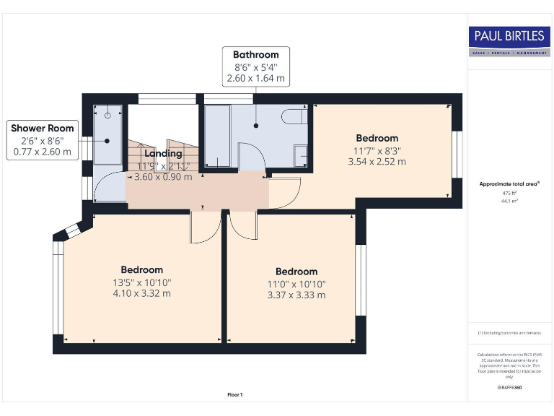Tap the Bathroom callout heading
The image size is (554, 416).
(255, 55)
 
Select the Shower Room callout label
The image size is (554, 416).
(42, 129)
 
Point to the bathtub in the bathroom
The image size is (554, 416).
(217, 136)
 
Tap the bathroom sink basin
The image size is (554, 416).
(302, 155)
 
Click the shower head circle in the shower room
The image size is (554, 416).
(108, 116)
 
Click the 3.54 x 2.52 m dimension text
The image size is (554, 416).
(377, 162)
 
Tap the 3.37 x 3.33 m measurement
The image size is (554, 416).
(296, 295)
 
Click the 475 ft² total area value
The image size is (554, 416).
(509, 194)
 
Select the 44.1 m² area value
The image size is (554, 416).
(509, 201)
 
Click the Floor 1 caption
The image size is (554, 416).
(234, 394)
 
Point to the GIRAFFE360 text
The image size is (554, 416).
(509, 388)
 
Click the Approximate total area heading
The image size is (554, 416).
(509, 184)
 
